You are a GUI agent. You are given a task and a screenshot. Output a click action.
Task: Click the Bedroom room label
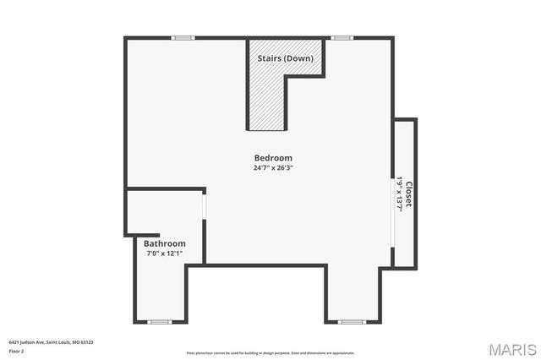click(273, 158)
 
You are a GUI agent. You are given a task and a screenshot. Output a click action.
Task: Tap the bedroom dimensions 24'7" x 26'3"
click(273, 167)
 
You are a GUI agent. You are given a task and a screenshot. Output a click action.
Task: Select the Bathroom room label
click(164, 243)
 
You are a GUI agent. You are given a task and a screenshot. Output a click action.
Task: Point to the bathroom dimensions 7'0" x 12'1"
click(164, 253)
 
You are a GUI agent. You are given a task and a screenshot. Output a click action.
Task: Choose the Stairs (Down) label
click(285, 58)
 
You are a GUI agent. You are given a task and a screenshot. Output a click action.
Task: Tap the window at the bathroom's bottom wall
click(159, 322)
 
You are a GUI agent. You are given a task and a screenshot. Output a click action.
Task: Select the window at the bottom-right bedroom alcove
click(351, 322)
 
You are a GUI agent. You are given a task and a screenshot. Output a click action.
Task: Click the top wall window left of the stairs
click(183, 37)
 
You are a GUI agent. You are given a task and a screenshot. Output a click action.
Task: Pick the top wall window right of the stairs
click(342, 37)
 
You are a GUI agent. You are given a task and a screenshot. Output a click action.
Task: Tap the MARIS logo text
click(505, 349)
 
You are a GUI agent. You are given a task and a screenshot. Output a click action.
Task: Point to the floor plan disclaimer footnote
click(270, 352)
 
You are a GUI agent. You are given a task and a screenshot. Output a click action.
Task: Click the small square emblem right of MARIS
click(533, 349)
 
